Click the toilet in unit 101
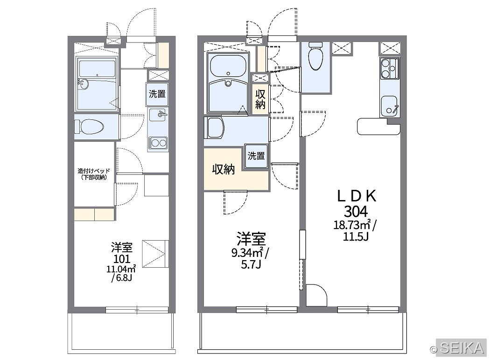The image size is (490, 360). click(89, 127)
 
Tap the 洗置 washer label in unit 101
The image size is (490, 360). click(157, 94)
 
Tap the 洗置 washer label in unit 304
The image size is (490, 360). click(256, 156)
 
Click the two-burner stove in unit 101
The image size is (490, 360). click(158, 144)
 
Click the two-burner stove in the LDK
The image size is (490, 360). click(390, 69)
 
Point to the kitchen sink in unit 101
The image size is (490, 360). click(158, 115)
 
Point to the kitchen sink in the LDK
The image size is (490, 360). click(389, 105)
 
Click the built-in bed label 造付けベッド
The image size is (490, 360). click(94, 171)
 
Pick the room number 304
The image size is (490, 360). click(356, 212)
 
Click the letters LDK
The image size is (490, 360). click(357, 196)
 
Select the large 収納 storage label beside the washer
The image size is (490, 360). click(224, 169)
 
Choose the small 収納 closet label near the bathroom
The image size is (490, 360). click(260, 99)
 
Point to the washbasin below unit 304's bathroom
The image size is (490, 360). click(214, 128)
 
